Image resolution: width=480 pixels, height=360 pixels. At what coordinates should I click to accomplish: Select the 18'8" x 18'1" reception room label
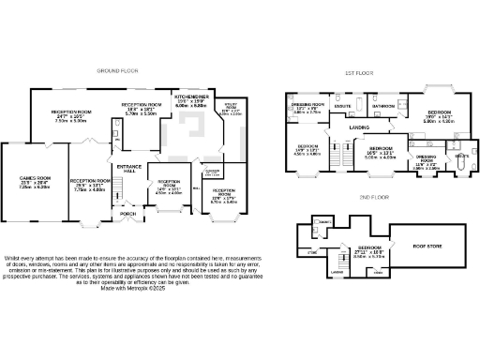pyautogui.click(x=142, y=106)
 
